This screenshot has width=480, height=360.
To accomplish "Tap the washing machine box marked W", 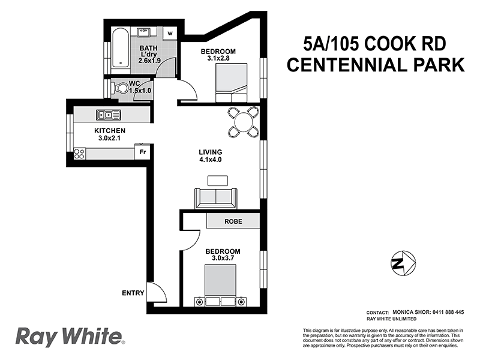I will pos(171,32).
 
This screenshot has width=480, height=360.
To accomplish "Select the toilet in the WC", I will pos(120,89).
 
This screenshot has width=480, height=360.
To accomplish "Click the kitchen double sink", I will pos(109,114).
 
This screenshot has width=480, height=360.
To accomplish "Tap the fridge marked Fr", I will pos(143,153).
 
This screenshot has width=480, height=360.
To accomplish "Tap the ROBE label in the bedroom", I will pos(233,221).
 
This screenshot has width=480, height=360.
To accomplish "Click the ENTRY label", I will pos(133,293).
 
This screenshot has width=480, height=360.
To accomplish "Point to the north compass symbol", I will pos(401,262).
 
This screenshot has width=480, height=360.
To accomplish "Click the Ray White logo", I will pos(69,337).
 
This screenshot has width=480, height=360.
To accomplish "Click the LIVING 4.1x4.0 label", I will pos(211,156).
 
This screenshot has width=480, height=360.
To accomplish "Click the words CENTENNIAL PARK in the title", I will pos(376,65).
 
